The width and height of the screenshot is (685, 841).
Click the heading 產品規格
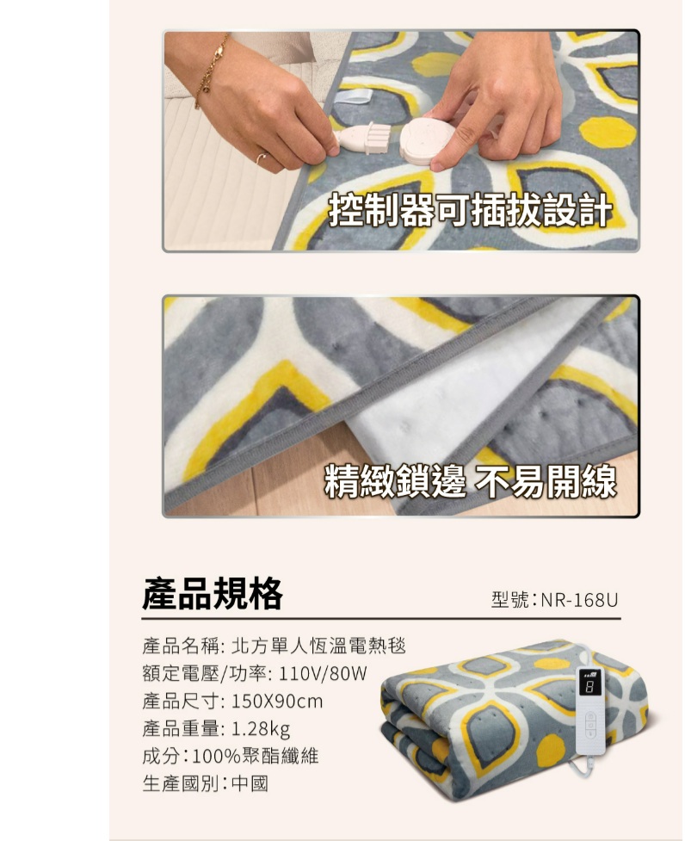(x=213, y=593)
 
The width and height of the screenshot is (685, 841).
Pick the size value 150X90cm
(x=277, y=702)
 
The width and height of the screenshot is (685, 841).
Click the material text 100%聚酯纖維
(x=256, y=758)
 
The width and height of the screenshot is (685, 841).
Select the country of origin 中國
(x=250, y=785)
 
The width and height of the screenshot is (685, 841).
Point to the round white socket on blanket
(x=426, y=140)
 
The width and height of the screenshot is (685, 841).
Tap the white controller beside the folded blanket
(x=590, y=710)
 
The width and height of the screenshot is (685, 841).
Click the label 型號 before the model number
(x=509, y=599)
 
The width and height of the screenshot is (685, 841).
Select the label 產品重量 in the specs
(x=182, y=730)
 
